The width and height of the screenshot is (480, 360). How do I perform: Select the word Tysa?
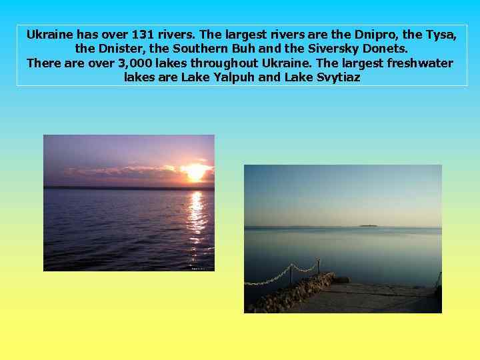coord(441,35)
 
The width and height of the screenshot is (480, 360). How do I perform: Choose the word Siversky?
coord(335,49)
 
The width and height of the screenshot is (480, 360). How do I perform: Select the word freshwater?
coord(415,63)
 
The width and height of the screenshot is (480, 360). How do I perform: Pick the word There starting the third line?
coord(44,63)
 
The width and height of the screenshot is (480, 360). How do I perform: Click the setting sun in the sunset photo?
coord(195,172)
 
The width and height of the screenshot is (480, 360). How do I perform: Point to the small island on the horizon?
coord(368,226)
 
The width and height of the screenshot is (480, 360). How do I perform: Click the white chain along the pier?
coord(280,275)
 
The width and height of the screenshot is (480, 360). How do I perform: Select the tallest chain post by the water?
coord(319,267)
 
